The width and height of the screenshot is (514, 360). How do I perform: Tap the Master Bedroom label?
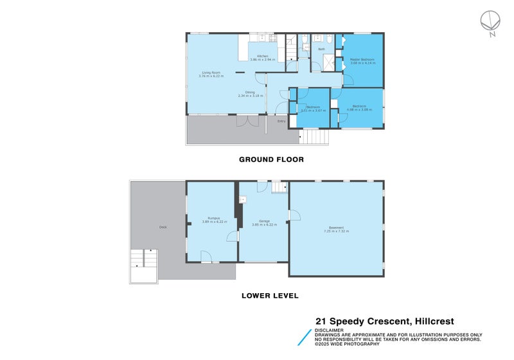[x=362, y=59]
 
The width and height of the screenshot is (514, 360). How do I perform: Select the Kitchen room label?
[x=263, y=57]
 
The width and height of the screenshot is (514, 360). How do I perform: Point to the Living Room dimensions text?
[x=213, y=76]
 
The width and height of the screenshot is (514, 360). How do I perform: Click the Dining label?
[x=250, y=92]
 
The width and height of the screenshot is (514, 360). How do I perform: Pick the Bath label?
[x=321, y=49]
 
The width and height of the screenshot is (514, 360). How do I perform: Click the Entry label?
[x=281, y=121]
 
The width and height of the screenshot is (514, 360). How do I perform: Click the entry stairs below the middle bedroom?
[x=314, y=137]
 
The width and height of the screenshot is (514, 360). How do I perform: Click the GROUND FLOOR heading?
[x=271, y=159]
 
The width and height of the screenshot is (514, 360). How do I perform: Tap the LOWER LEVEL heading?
[x=270, y=296]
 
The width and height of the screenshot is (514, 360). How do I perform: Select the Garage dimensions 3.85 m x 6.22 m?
[x=263, y=224]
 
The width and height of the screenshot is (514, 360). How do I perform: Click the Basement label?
[x=337, y=227]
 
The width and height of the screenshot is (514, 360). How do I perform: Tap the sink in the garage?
[x=243, y=199]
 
